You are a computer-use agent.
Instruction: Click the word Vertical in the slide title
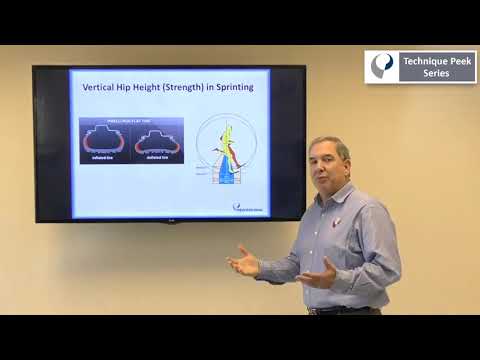(x=98, y=88)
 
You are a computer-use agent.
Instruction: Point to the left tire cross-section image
(x=105, y=141)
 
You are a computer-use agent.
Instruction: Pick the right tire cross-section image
(x=158, y=141)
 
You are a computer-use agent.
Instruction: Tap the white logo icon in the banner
(x=382, y=66)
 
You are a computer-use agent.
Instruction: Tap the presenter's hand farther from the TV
(x=318, y=272)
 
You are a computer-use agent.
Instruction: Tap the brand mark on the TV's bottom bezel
(x=169, y=220)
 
